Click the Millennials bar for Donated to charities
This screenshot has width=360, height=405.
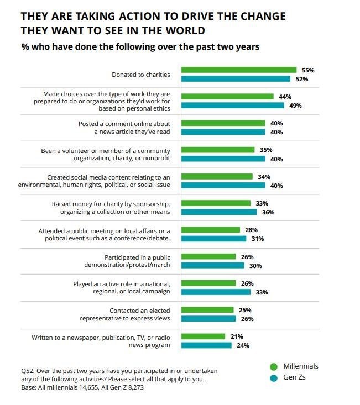click(x=239, y=70)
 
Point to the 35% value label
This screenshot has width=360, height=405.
click(x=266, y=150)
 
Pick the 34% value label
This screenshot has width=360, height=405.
click(x=264, y=176)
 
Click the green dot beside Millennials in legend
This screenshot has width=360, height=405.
click(x=273, y=366)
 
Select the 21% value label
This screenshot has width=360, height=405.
click(x=237, y=336)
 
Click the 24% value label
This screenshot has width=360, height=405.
click(x=243, y=345)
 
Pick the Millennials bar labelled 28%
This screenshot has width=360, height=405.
click(x=211, y=230)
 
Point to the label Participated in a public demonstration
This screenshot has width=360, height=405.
click(x=138, y=261)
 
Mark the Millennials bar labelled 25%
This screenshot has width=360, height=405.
click(x=208, y=310)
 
